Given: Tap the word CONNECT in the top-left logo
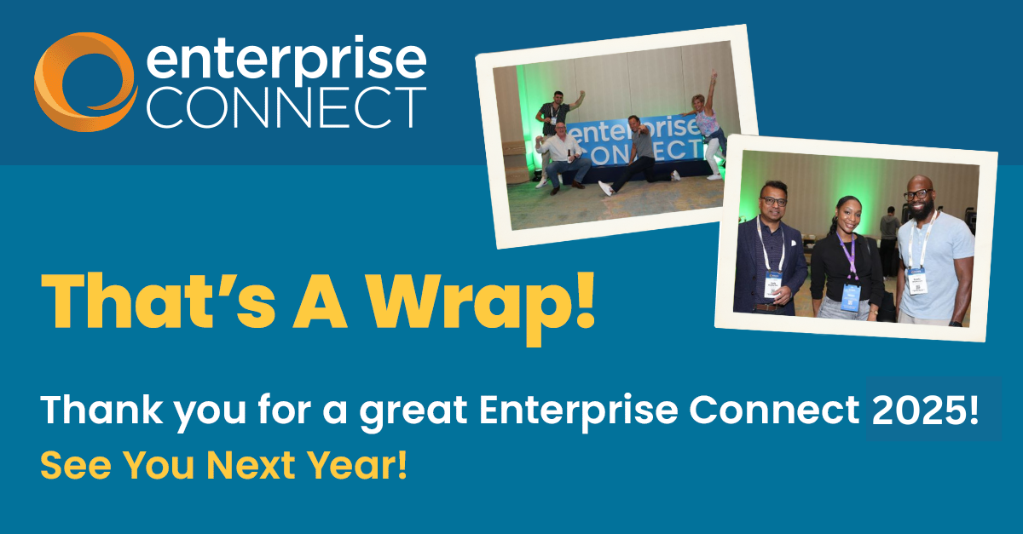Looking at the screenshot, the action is pyautogui.click(x=286, y=107).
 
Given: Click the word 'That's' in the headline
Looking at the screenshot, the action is pyautogui.click(x=159, y=301).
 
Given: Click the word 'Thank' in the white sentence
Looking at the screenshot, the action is pyautogui.click(x=101, y=409).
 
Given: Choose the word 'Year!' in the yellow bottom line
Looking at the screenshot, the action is pyautogui.click(x=357, y=465).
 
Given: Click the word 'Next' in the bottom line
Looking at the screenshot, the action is pyautogui.click(x=251, y=465).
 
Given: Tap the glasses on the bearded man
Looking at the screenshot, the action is pyautogui.click(x=917, y=195).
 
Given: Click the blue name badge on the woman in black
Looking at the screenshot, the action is pyautogui.click(x=851, y=297).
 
